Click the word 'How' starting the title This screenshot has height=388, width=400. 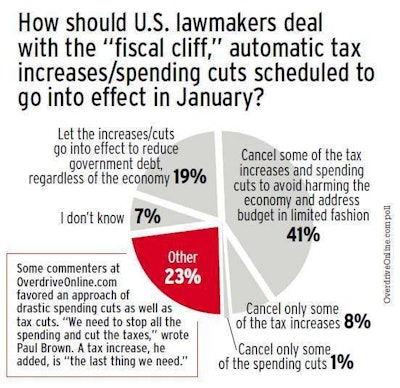pos(30,20)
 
